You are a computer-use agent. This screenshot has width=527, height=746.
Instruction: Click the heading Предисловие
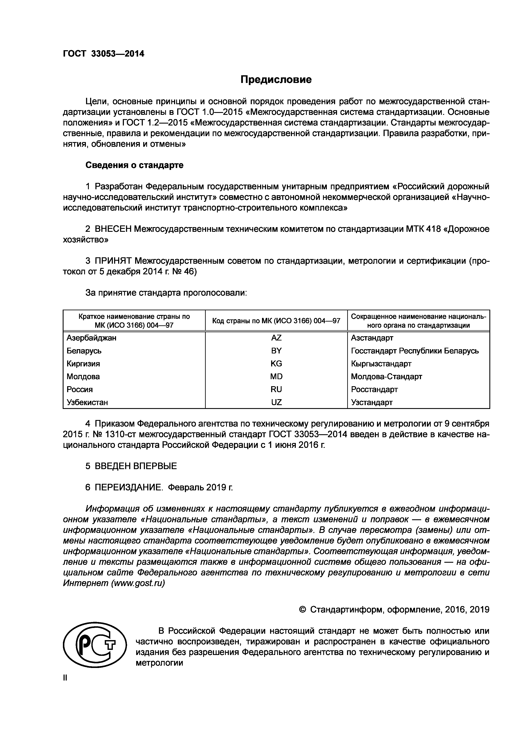pos(276,80)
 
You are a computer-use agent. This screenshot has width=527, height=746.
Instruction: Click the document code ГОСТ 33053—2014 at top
pos(103,54)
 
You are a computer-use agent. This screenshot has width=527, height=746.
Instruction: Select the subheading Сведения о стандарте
pos(134,165)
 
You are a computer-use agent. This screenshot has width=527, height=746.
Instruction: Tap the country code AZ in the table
pos(276,338)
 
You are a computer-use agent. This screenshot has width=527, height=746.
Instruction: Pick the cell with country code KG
pos(276,364)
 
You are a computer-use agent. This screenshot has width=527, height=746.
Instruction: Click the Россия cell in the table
pos(79,390)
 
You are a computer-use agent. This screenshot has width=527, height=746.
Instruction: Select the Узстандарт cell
pos(372,403)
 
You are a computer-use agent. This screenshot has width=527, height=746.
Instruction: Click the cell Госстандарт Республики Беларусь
pos(415,351)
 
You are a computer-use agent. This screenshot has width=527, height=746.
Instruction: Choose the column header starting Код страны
pos(276,321)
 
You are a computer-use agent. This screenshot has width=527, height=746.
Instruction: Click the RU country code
pos(276,390)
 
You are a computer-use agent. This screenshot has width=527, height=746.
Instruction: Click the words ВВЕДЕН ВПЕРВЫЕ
pos(136,466)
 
